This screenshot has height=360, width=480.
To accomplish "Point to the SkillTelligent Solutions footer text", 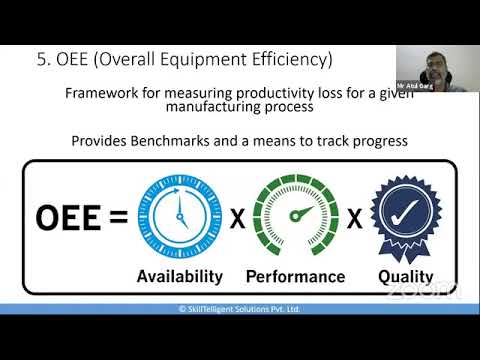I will [x=240, y=309].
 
